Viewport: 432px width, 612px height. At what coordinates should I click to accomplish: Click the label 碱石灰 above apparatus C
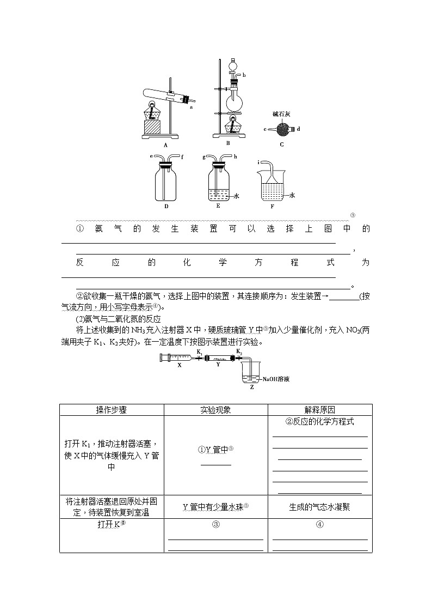(x=283, y=114)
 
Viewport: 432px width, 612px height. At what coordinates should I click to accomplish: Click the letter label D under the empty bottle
(x=166, y=207)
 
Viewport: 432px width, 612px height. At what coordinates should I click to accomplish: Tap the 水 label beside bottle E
(x=237, y=195)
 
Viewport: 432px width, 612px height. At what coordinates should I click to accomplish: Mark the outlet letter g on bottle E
(x=205, y=157)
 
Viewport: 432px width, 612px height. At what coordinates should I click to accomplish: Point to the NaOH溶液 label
(x=275, y=379)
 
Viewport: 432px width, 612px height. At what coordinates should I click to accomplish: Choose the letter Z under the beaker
(x=251, y=387)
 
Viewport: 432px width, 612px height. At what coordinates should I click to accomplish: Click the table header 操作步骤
(x=112, y=410)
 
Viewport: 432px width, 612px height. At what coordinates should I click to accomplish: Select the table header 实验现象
(x=215, y=410)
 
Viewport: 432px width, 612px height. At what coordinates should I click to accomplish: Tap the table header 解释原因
(x=320, y=410)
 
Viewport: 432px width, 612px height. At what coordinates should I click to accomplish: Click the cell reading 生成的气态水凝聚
(x=320, y=507)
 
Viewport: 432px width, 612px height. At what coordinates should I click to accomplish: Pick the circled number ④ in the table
(x=320, y=525)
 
